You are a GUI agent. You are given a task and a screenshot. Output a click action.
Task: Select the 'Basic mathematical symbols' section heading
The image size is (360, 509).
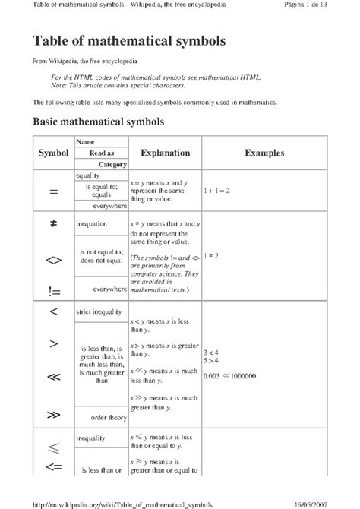click(94, 121)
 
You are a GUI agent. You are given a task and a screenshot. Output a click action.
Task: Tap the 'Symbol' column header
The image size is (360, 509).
click(53, 153)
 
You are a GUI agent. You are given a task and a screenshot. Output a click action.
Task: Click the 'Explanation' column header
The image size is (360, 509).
click(165, 153)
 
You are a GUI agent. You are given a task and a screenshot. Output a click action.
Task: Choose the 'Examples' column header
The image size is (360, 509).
click(264, 153)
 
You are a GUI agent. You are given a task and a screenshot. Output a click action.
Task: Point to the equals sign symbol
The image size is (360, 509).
click(53, 192)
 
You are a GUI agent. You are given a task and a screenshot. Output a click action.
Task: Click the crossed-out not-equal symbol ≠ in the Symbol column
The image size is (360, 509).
click(53, 224)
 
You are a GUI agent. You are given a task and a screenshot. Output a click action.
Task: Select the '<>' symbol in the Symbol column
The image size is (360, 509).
click(53, 259)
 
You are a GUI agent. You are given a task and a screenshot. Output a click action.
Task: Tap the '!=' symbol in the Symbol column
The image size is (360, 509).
click(53, 291)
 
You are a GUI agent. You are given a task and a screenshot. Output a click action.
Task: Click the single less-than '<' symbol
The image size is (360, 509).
click(53, 311)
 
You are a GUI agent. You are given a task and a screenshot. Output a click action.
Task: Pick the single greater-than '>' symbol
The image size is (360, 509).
click(53, 344)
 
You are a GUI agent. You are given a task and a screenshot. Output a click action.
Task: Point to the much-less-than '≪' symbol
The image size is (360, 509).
click(53, 377)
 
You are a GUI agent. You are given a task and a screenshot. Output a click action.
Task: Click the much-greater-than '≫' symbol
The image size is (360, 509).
click(53, 414)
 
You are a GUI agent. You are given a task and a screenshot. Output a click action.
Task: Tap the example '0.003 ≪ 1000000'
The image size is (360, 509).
click(229, 376)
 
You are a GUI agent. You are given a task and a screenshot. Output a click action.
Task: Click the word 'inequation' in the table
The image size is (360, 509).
click(92, 225)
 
